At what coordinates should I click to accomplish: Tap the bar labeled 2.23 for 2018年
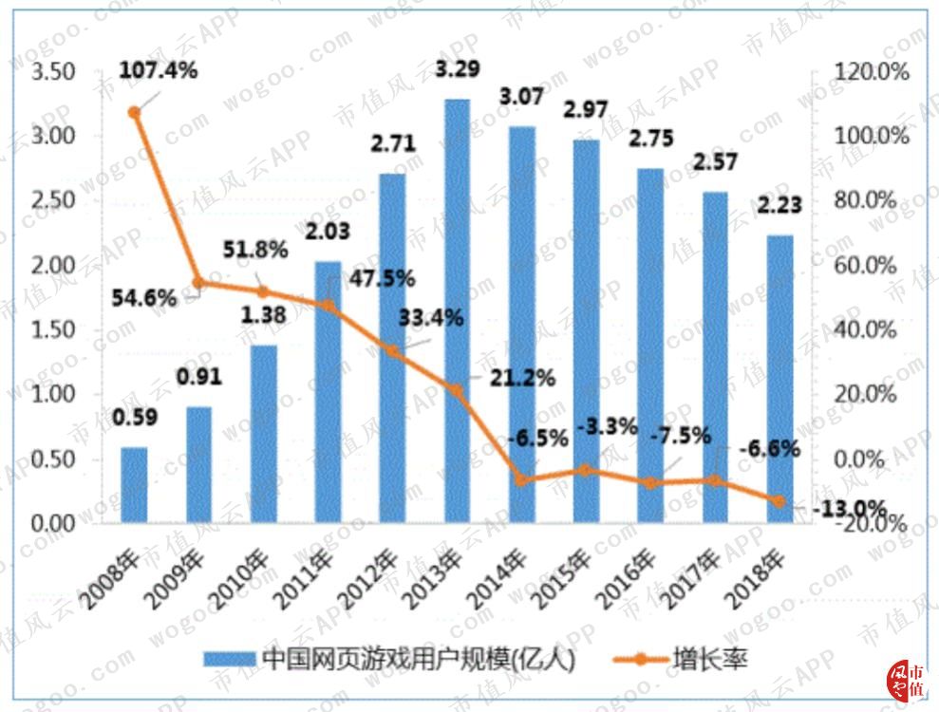tap(779, 379)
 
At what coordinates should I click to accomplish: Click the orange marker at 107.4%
tap(135, 112)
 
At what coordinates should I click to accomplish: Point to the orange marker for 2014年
tap(521, 480)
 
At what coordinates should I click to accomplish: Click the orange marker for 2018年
tap(779, 501)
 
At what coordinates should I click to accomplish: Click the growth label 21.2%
tap(522, 378)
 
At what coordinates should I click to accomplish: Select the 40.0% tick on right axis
tap(866, 330)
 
